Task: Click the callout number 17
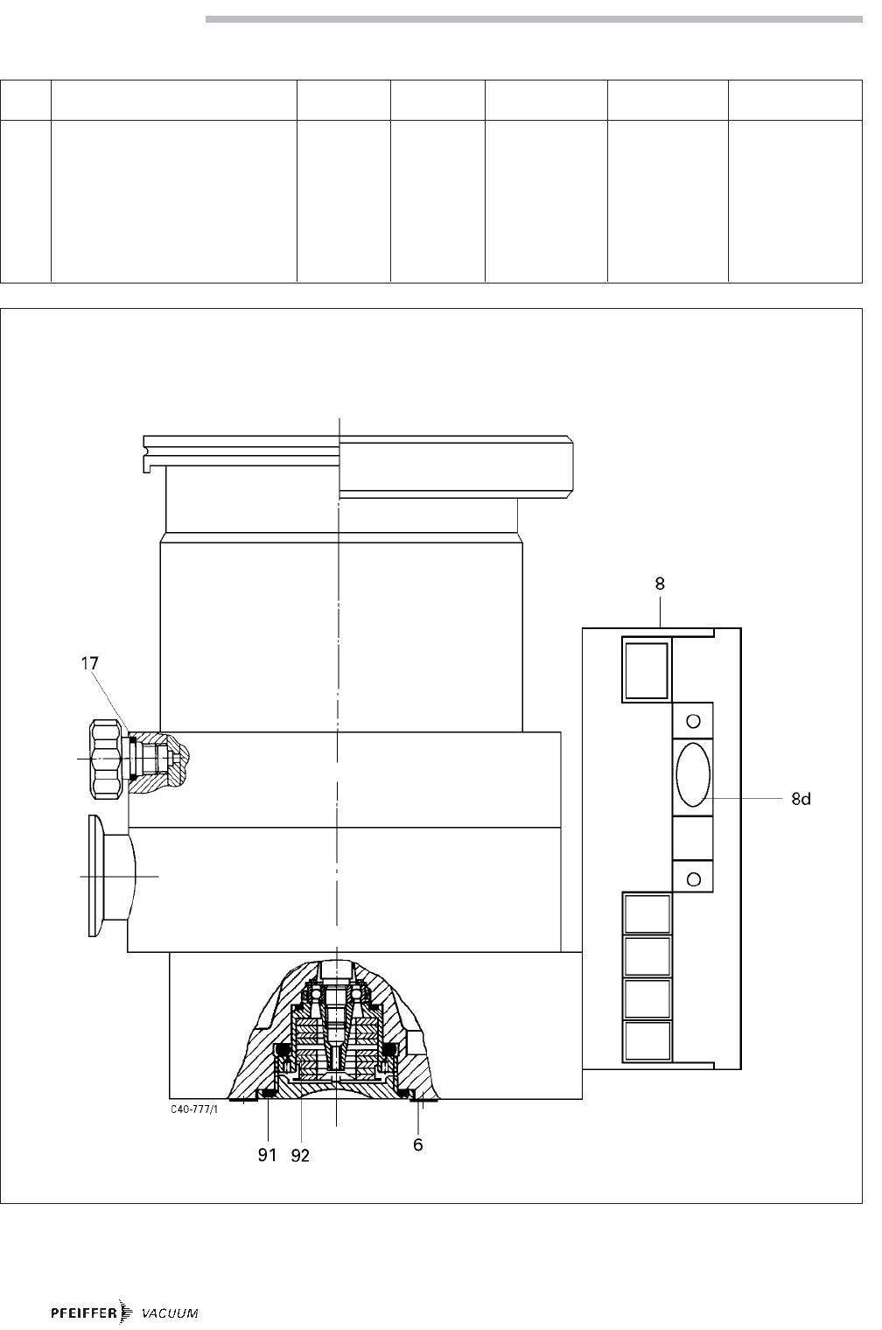(89, 663)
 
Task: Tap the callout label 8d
(801, 799)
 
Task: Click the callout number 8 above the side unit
(660, 584)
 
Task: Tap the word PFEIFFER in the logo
(84, 1312)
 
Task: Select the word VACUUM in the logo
(170, 1312)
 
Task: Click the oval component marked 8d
(693, 774)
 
